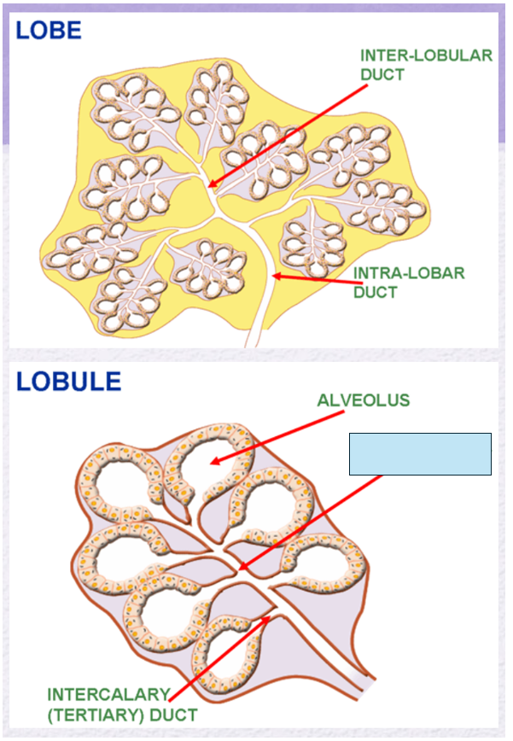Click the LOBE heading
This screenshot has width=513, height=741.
(49, 31)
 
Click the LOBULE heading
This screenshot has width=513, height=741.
(68, 381)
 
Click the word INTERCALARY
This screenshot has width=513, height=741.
(108, 694)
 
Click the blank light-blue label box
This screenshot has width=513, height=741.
(420, 453)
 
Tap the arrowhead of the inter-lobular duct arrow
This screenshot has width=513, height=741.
(211, 185)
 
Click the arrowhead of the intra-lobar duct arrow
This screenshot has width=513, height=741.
(273, 276)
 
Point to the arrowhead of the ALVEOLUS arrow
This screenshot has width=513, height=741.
(213, 463)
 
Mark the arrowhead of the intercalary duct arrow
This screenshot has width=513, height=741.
(272, 615)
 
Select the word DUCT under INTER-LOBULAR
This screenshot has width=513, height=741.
(382, 74)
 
